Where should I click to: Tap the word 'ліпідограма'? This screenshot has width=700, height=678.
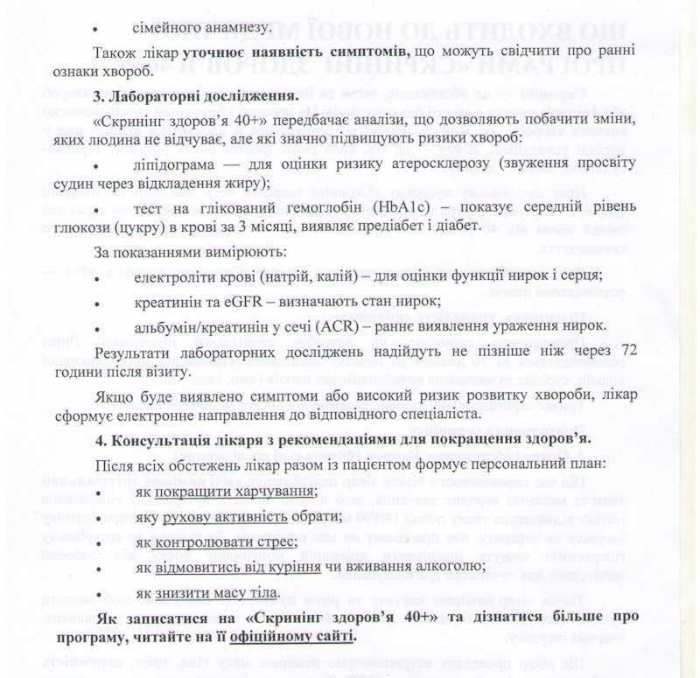click(173, 165)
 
